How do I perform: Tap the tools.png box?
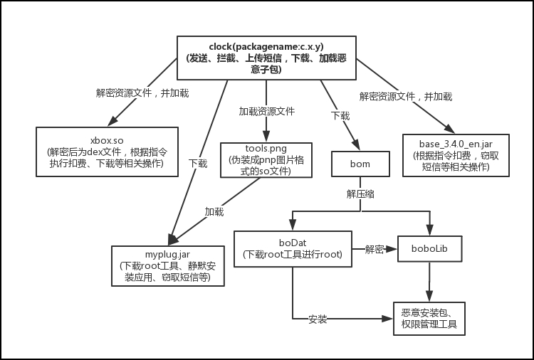(266, 160)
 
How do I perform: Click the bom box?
(360, 164)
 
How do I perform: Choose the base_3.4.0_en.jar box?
(449, 153)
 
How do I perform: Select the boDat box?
(293, 248)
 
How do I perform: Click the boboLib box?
(428, 250)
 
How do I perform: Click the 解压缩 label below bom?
(360, 194)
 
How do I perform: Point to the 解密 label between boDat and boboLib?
(375, 250)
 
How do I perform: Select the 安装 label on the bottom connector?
(318, 319)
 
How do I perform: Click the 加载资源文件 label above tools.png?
(266, 111)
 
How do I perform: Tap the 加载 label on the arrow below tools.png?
(214, 212)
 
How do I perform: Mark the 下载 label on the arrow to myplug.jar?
(198, 163)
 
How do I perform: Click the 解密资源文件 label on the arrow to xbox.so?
(133, 92)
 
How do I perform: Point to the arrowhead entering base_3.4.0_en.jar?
(450, 129)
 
